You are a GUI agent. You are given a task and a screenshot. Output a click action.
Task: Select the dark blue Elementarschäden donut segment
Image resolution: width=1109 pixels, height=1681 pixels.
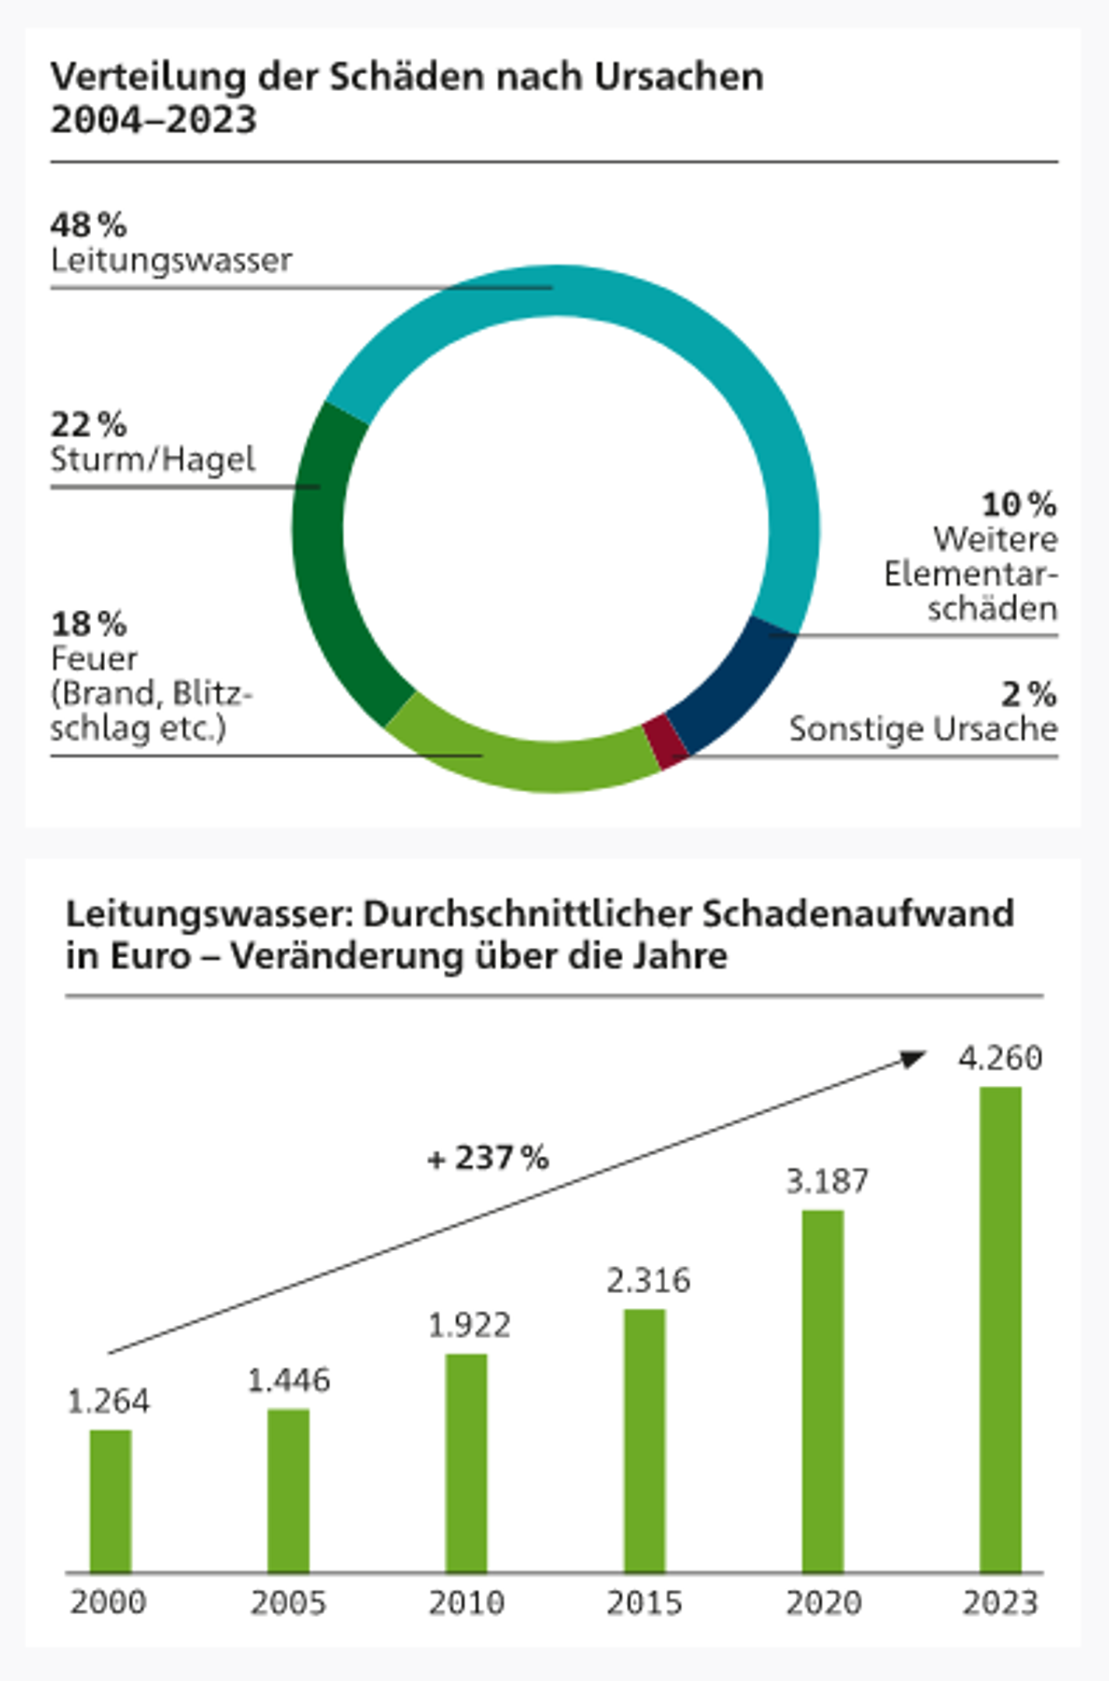734,685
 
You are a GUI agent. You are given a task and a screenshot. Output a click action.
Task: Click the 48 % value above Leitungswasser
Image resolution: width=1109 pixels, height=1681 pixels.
88,225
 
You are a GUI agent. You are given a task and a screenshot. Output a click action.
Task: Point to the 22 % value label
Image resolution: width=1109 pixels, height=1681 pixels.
88,425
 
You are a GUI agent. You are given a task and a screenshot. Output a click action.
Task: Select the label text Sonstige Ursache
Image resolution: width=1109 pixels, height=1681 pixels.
923,729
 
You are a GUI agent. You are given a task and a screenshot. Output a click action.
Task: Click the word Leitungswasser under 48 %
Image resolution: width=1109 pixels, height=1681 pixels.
171,260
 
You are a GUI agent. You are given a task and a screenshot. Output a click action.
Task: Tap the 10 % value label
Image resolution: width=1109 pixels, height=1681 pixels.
1019,505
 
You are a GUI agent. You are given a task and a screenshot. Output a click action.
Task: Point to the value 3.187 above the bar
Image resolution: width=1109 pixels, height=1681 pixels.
826,1182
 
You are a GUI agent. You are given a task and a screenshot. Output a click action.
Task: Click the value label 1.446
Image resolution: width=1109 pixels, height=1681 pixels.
288,1380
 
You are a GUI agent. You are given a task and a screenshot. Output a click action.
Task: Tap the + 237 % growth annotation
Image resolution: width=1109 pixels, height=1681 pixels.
488,1158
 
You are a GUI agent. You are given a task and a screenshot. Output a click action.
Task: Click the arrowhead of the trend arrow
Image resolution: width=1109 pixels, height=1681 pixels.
913,1059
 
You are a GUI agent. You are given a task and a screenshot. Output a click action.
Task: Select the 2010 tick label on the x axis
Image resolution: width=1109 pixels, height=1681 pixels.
466,1602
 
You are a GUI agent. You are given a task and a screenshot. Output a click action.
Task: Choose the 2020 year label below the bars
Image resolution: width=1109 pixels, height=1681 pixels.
822,1602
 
